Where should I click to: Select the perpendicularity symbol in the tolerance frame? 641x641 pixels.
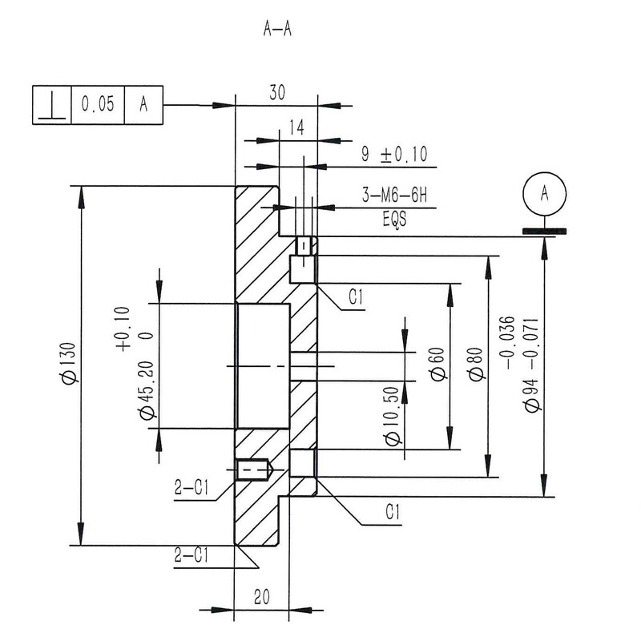tap(51, 105)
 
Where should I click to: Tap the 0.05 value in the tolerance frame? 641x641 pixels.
tap(99, 105)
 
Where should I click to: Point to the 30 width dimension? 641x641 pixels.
tap(276, 92)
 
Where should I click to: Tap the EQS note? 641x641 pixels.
tap(394, 218)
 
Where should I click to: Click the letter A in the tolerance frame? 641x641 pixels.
tap(145, 105)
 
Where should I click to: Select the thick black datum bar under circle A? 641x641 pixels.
tap(544, 232)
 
